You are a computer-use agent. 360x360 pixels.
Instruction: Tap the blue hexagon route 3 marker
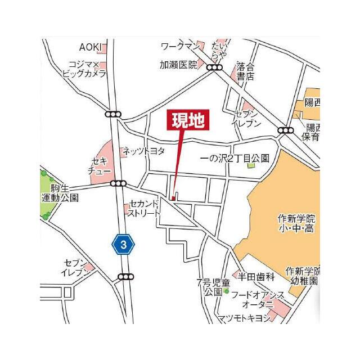[x=124, y=244]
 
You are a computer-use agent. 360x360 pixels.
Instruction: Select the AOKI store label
[x=89, y=47]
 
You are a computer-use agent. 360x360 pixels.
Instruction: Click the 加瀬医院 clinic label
[x=178, y=65]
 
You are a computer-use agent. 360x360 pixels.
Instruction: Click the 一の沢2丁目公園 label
[x=235, y=159]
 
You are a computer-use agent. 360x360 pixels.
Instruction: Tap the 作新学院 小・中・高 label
[x=296, y=223]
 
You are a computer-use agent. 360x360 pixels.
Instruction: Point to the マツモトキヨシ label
[x=244, y=318]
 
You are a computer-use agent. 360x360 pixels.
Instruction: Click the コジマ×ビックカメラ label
[x=84, y=69]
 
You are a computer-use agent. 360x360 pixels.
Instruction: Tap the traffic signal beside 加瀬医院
[x=214, y=67]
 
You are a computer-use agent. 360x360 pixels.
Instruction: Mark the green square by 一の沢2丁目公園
[x=251, y=165]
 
